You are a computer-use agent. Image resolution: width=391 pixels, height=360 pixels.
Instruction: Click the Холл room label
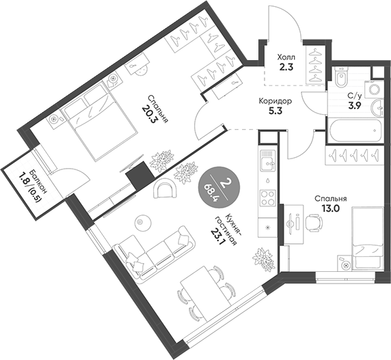286,57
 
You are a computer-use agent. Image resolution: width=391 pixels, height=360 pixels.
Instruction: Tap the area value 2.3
286,67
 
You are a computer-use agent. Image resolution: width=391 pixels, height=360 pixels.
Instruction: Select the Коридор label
275,101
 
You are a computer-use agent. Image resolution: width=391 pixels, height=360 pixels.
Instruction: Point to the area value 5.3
275,111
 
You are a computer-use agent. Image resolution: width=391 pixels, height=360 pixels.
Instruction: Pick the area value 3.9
355,106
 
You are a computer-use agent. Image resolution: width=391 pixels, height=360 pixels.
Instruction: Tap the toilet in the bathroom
341,77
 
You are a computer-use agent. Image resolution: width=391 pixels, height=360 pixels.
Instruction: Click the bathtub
355,130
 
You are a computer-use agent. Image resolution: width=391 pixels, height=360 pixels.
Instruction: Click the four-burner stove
268,198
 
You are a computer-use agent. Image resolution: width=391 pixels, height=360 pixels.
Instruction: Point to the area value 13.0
330,208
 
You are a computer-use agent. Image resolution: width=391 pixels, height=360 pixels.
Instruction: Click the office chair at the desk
314,222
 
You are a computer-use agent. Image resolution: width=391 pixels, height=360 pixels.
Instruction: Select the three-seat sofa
154,253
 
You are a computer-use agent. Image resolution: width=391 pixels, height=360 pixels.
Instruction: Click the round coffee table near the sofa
143,222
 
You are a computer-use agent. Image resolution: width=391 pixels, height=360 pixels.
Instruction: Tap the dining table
205,294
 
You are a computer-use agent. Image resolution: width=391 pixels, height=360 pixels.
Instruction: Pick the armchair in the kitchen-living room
165,189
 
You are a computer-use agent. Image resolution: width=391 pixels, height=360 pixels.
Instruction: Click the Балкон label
38,182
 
